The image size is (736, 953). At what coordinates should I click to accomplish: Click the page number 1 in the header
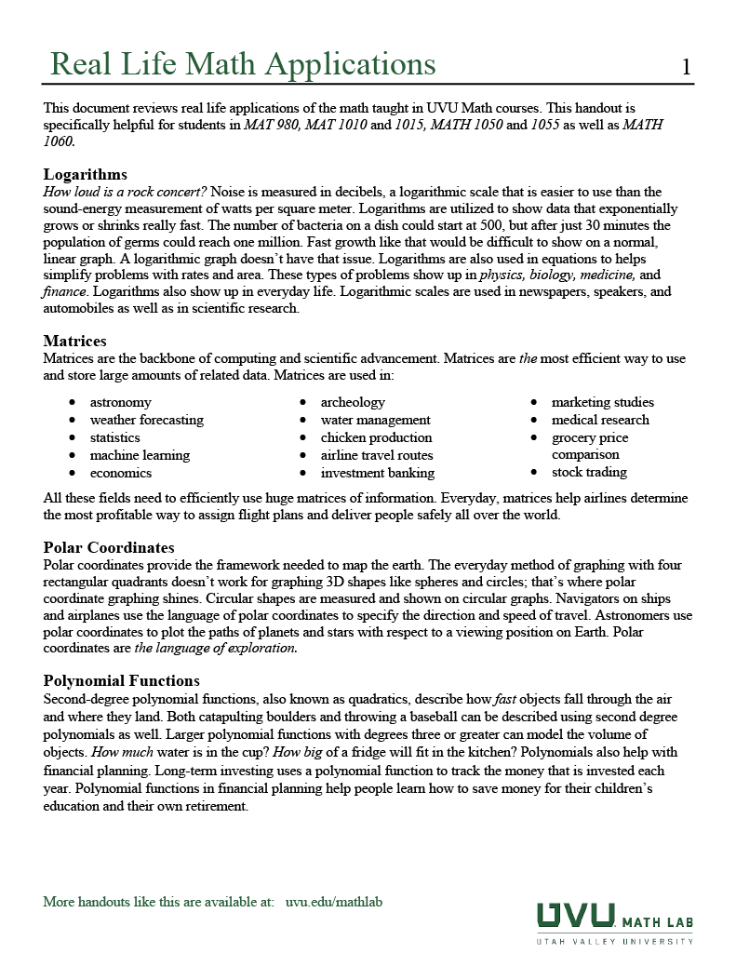(686, 66)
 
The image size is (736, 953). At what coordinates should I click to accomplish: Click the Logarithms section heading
(86, 174)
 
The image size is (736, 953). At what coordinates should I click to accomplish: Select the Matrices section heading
(74, 341)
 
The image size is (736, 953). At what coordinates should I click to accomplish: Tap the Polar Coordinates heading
(109, 547)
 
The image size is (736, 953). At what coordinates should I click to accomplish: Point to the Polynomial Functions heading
(121, 681)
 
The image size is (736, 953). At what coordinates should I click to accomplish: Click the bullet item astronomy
(120, 402)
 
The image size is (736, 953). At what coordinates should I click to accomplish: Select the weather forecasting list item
(146, 420)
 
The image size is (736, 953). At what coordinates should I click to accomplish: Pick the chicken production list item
(376, 437)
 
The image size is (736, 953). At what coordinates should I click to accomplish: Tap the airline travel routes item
(377, 455)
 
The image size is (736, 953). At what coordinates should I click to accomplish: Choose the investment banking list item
(378, 473)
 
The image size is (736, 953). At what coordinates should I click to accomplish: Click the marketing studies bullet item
(602, 402)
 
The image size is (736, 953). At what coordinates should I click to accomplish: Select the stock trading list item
(589, 472)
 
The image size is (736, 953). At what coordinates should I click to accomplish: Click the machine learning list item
(140, 455)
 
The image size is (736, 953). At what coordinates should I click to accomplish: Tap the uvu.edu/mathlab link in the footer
(334, 902)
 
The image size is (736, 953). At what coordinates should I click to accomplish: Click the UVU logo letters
(575, 916)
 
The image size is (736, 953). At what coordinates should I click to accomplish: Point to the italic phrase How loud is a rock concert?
(126, 192)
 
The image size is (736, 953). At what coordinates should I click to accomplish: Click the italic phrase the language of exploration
(216, 649)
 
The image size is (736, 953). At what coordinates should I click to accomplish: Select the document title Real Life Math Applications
(242, 64)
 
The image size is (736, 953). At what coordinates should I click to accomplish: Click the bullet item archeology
(353, 402)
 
